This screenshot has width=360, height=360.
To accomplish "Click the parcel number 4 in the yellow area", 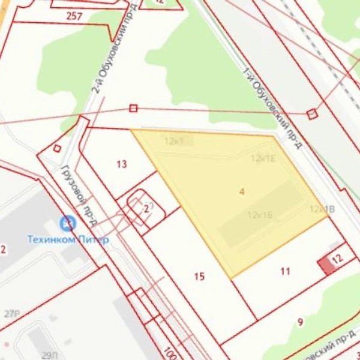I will pos(242,191).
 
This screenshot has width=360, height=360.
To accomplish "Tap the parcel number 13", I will pos(122,164).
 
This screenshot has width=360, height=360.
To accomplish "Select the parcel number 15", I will pos(200,277).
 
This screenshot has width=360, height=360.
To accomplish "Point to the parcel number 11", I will pos(285,271).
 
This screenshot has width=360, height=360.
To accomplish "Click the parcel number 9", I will pos(300,322).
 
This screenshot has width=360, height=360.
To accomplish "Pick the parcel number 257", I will pos(74,16).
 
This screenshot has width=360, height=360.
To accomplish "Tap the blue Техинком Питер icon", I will pos(68,224).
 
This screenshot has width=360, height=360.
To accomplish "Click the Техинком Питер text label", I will pos(68,239).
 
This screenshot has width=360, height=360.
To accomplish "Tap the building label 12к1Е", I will pos(263,158).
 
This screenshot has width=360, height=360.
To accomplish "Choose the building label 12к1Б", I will pos(260,215).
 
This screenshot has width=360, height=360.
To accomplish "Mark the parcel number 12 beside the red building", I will pos(337,259).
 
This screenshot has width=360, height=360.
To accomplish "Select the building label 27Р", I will pos(12,314).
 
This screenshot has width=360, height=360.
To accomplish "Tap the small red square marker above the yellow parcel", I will pos(133,108).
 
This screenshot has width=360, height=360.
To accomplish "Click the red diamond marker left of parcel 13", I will pos(57,148).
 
